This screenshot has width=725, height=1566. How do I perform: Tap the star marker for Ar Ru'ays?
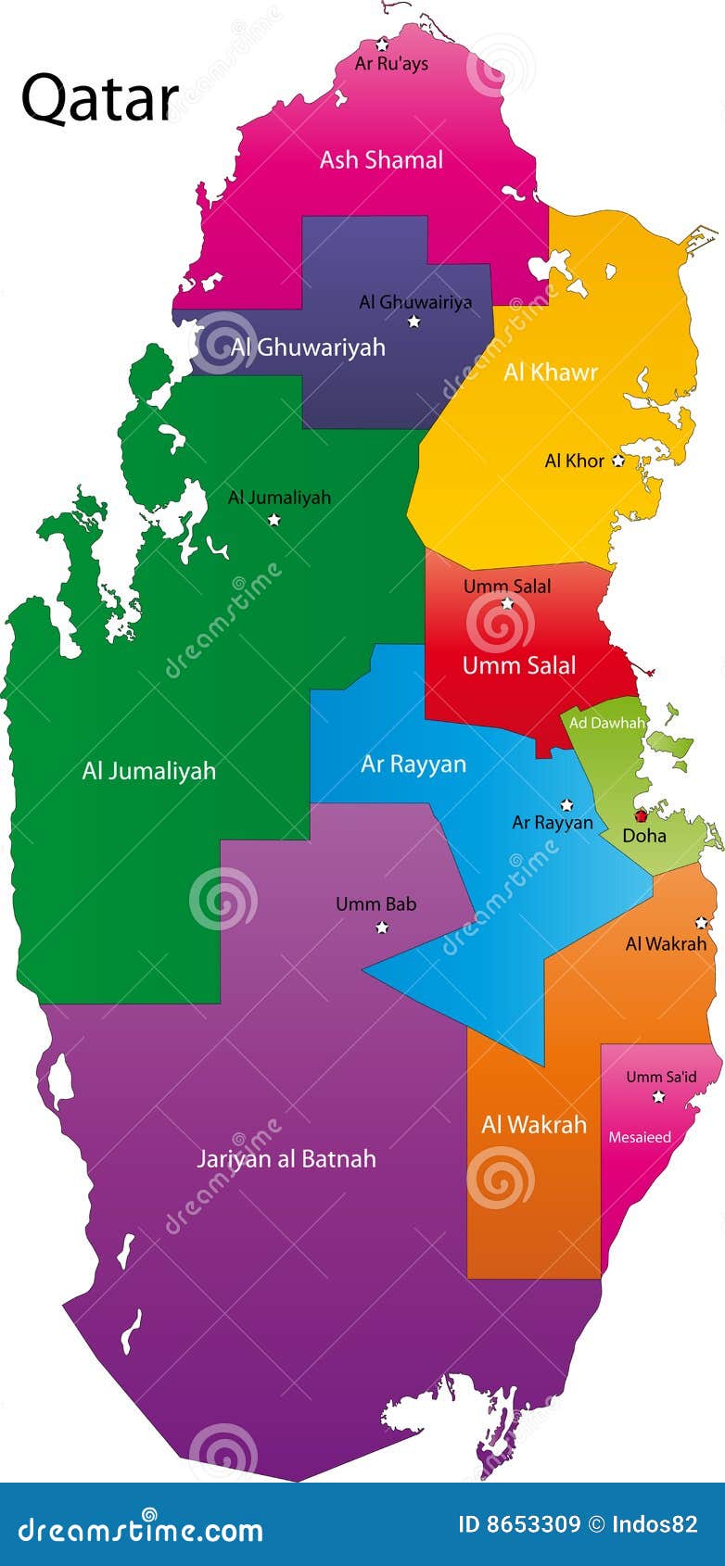(x=382, y=44)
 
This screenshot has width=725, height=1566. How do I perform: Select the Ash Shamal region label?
(x=381, y=160)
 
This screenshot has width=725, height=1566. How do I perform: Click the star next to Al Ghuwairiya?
(x=414, y=322)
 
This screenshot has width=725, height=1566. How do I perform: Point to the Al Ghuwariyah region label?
(x=308, y=347)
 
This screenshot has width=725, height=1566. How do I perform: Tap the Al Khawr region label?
(x=551, y=373)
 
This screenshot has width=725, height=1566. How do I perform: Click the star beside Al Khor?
(x=618, y=461)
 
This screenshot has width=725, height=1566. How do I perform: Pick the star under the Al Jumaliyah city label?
(x=274, y=520)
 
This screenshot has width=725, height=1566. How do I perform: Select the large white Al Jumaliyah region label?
(x=148, y=771)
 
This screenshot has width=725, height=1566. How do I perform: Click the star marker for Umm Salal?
(x=507, y=603)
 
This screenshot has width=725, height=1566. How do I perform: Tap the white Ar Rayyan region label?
(x=413, y=764)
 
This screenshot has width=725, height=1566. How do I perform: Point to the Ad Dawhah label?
(x=606, y=723)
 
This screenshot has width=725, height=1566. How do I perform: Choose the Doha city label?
(x=644, y=836)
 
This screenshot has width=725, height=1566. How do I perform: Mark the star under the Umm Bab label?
(x=382, y=927)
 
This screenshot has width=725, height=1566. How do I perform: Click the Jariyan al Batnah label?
(x=286, y=1159)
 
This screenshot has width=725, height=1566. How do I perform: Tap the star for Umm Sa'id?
(x=658, y=1097)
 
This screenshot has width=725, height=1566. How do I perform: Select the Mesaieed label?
(x=640, y=1137)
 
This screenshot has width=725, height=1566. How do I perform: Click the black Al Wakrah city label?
(x=666, y=944)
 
